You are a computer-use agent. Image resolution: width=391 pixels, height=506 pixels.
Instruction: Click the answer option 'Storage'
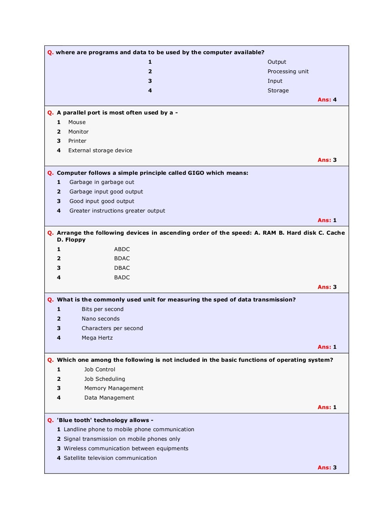(278, 90)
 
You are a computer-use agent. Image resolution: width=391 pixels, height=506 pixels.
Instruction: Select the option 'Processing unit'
(288, 71)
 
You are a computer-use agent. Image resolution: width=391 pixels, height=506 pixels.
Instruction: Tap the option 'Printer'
(77, 141)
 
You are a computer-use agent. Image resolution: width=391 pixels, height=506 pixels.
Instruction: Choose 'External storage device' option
(100, 150)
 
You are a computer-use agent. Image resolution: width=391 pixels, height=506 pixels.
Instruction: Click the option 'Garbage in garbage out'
(102, 182)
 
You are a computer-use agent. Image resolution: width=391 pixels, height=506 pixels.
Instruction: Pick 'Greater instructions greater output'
(117, 211)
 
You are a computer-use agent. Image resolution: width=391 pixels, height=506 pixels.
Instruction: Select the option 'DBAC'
(122, 268)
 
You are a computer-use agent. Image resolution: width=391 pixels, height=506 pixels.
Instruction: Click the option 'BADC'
(122, 277)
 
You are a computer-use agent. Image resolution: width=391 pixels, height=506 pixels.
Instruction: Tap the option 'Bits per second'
(102, 309)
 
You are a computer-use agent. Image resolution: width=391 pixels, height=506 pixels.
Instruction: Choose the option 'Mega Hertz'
(97, 338)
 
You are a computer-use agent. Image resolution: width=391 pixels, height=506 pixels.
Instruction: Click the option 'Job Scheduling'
(105, 379)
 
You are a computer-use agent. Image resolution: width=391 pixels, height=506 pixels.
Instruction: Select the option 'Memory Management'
(114, 388)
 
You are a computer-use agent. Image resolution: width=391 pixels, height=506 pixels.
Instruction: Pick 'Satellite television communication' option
(110, 458)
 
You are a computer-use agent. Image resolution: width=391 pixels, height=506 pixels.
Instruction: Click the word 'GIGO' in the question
(196, 173)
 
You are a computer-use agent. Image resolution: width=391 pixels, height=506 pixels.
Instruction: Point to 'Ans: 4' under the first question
(327, 100)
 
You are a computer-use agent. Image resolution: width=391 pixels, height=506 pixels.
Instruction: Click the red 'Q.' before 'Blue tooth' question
(50, 420)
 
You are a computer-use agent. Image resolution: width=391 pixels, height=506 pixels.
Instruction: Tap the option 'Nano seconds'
(100, 319)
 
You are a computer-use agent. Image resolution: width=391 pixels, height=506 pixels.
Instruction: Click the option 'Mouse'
(77, 122)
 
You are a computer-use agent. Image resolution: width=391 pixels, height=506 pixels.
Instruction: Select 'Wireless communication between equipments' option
(126, 448)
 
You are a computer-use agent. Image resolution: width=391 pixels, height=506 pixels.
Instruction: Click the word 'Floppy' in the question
(75, 240)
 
